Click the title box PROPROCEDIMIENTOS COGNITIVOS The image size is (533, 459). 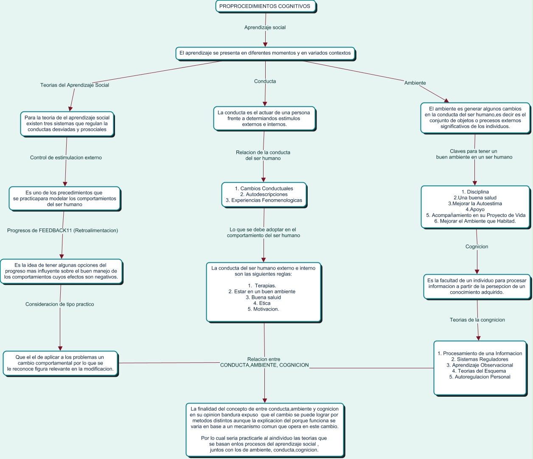tap(265, 6)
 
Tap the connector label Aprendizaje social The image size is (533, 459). tap(265, 28)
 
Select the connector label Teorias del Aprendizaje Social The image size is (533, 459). tap(75, 85)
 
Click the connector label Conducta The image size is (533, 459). tap(265, 81)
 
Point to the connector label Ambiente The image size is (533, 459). tap(415, 83)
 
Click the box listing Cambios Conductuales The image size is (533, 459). tap(264, 195)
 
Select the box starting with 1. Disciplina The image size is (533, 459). tap(475, 206)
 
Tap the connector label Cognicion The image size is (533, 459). tap(477, 247)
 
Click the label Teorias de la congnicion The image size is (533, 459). tap(477, 320)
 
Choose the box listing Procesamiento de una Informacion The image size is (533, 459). tap(480, 367)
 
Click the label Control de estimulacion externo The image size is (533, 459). tap(66, 158)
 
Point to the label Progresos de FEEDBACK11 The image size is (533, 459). tap(62, 231)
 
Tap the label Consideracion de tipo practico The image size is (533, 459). tap(59, 304)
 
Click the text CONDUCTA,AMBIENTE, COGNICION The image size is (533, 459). tap(264, 365)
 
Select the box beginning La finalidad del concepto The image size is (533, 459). tap(264, 429)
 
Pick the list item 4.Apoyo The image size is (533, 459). tap(475, 209)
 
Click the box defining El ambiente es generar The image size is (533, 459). tap(475, 118)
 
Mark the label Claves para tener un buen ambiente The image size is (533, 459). tap(474, 154)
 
